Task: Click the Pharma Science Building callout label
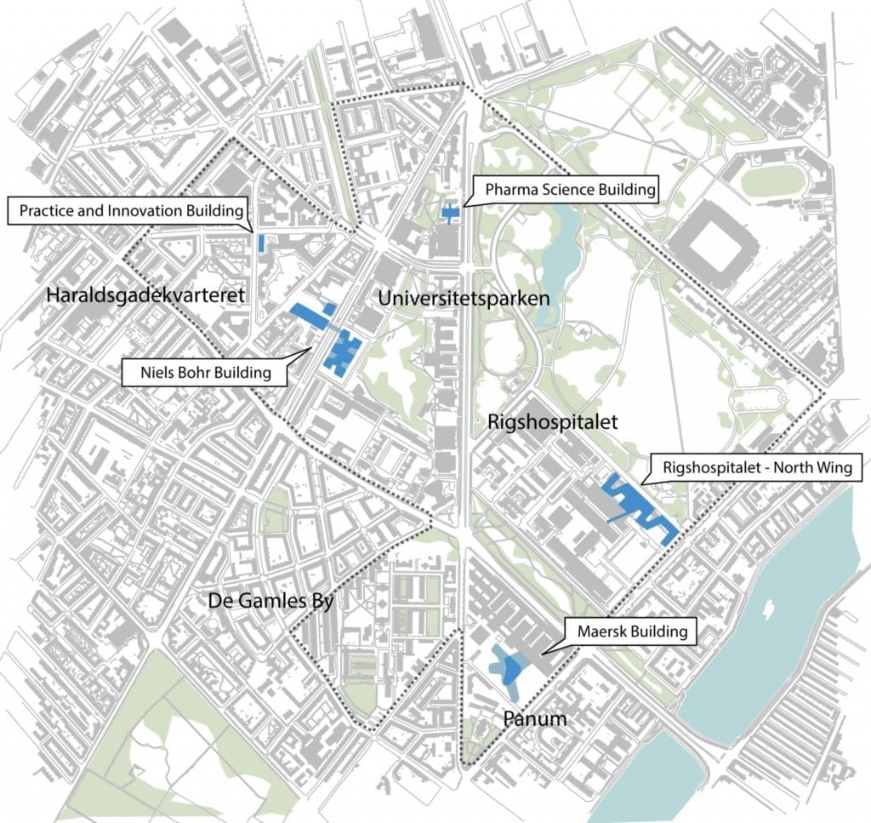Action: pos(571,189)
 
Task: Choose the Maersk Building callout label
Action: pos(632,632)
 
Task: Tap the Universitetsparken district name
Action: pos(464,298)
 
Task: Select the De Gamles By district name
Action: pos(268,601)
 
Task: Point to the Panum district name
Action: pos(534,719)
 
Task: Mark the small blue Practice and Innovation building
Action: pos(261,243)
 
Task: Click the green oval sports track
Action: pos(771,180)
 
